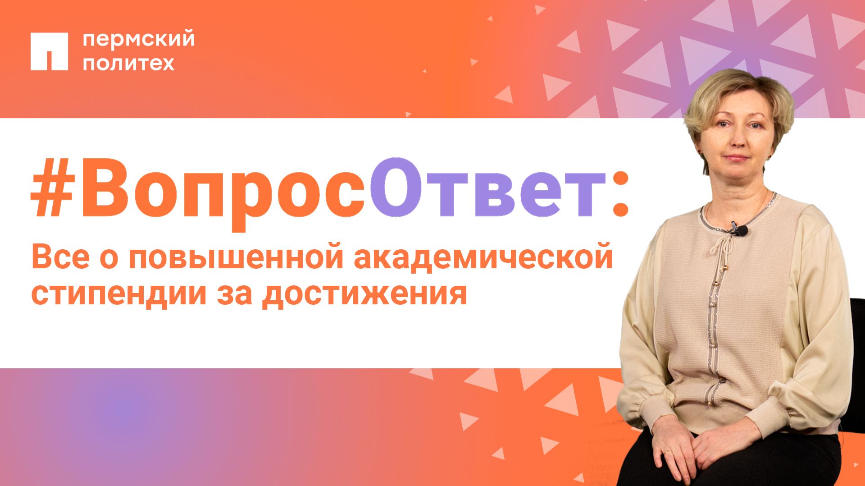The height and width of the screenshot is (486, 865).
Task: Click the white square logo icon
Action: [x=49, y=51]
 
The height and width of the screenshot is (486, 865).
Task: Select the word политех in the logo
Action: [x=128, y=63]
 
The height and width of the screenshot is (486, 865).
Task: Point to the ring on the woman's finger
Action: [x=669, y=451]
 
